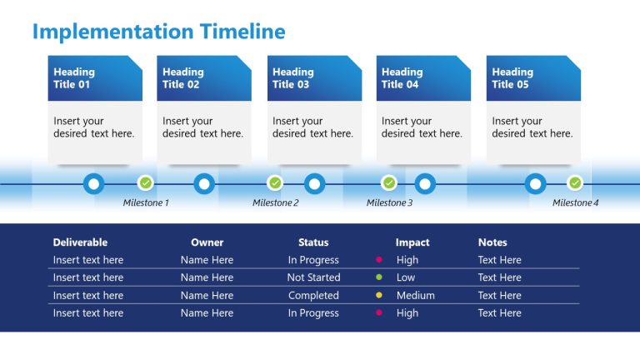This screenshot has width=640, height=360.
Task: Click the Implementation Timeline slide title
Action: pos(158,32)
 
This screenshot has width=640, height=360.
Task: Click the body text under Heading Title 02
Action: pos(203,127)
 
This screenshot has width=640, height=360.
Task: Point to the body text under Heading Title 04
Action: pos(422,127)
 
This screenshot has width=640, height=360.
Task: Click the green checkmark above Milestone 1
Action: pos(146,182)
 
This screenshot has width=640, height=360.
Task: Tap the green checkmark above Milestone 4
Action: pos(575,182)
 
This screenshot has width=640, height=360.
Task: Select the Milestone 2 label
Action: pos(275,202)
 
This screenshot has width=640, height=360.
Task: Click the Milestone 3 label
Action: pos(389,202)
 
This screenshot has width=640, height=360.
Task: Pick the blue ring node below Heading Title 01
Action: pos(94,183)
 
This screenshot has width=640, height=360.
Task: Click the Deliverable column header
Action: pos(80,242)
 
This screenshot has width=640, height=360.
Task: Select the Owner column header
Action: pos(207,242)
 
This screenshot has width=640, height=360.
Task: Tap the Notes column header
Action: pos(492,242)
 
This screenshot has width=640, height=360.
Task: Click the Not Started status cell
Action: pos(313,277)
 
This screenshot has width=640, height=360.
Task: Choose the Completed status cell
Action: pos(313,295)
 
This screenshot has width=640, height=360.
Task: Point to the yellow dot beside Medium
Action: pos(379,295)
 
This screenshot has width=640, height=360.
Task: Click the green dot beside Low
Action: pos(379,277)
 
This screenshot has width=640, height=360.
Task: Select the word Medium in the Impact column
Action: pos(415,295)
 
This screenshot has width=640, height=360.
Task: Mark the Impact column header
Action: pos(412,242)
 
